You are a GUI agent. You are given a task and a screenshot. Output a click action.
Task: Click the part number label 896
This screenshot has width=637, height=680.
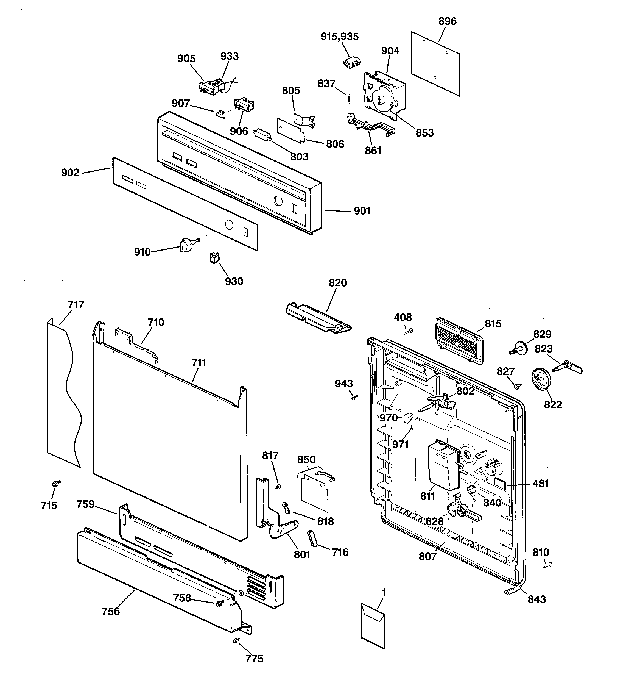tap(447, 21)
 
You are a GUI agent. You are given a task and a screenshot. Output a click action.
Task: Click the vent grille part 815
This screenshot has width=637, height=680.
tap(460, 340)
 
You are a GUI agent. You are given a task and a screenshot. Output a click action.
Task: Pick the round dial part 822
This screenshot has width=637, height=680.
tap(542, 379)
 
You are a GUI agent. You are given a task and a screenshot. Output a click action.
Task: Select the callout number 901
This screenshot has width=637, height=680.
tap(362, 211)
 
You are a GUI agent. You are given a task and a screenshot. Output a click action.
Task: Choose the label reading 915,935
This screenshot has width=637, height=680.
tap(340, 36)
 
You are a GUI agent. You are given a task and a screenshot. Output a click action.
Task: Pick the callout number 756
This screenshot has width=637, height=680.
tap(111, 611)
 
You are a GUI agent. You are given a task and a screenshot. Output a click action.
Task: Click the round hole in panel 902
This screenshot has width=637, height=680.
tap(229, 225)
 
